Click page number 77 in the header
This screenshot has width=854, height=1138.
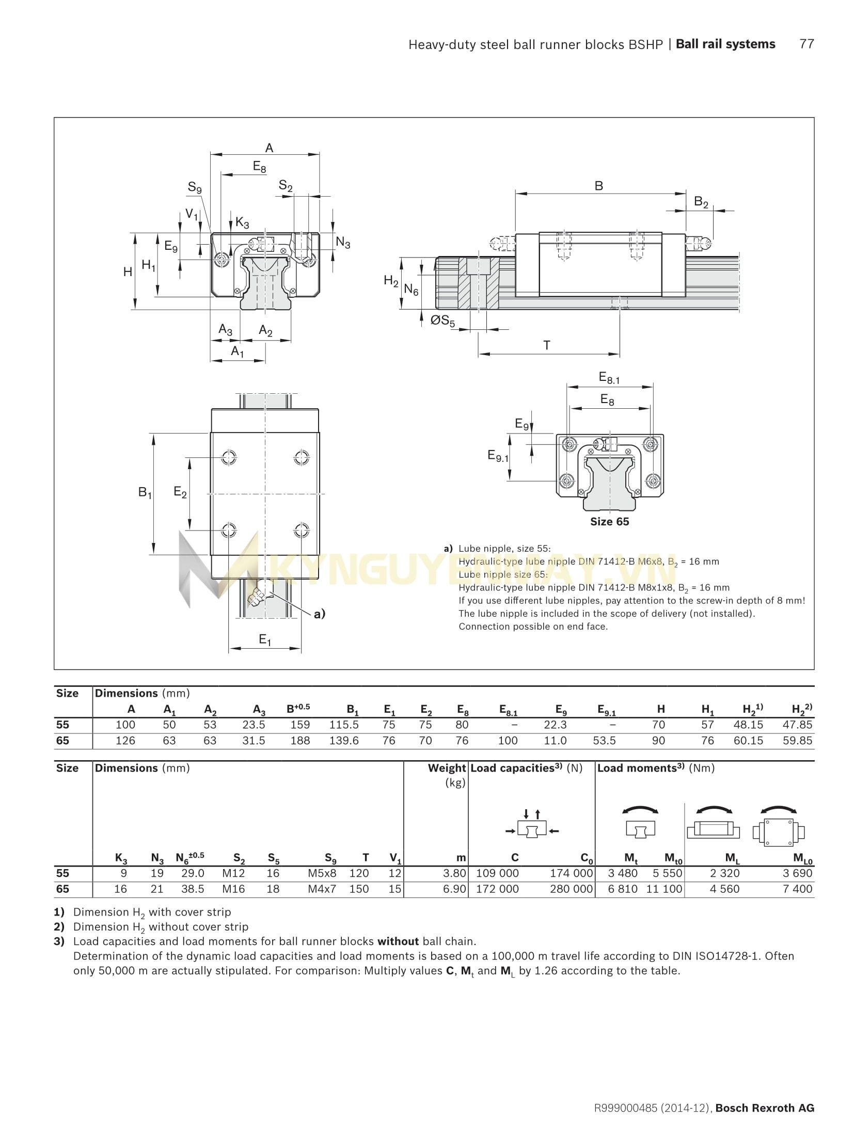tap(806, 44)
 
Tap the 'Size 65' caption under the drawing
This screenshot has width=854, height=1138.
tap(609, 522)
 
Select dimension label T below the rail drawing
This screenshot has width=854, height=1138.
tap(547, 345)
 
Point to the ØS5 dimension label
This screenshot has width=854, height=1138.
tap(443, 321)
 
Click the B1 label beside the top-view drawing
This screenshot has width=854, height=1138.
tap(145, 493)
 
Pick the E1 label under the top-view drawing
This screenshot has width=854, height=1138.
tap(265, 640)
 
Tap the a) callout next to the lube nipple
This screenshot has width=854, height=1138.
tap(320, 614)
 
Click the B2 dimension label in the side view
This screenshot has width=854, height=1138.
tap(701, 202)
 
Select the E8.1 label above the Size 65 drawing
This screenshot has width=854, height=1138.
tap(609, 378)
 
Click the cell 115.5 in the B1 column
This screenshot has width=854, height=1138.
tap(344, 725)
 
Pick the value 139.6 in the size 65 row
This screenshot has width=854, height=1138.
tap(344, 741)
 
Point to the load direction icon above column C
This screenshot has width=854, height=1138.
tap(532, 829)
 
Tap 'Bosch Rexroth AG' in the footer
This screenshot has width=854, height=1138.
tap(765, 1122)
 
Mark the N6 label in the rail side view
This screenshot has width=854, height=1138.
tap(411, 291)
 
